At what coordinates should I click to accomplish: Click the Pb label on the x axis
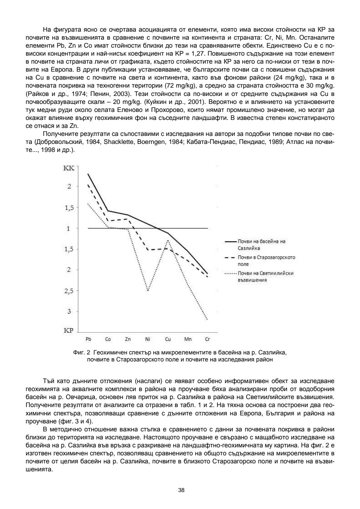[x=88, y=339]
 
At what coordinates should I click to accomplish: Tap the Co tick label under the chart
[x=108, y=339]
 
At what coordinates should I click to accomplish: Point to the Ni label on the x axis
[x=148, y=339]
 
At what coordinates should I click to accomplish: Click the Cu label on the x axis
[x=168, y=339]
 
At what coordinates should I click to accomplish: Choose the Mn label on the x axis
[x=188, y=339]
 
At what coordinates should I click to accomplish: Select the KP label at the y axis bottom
[x=68, y=331]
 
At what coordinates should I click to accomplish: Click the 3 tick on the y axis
[x=69, y=311]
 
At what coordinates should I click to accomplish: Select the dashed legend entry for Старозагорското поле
[x=266, y=260]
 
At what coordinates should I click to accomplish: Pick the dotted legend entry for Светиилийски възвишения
[x=265, y=276]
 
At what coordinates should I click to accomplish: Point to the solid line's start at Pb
[x=88, y=174]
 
